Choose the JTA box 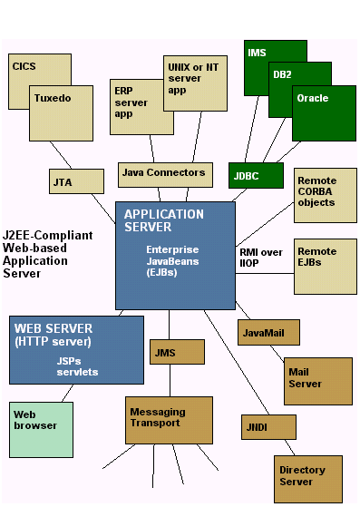76,181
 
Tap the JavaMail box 268,332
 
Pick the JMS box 177,352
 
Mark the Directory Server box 308,479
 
